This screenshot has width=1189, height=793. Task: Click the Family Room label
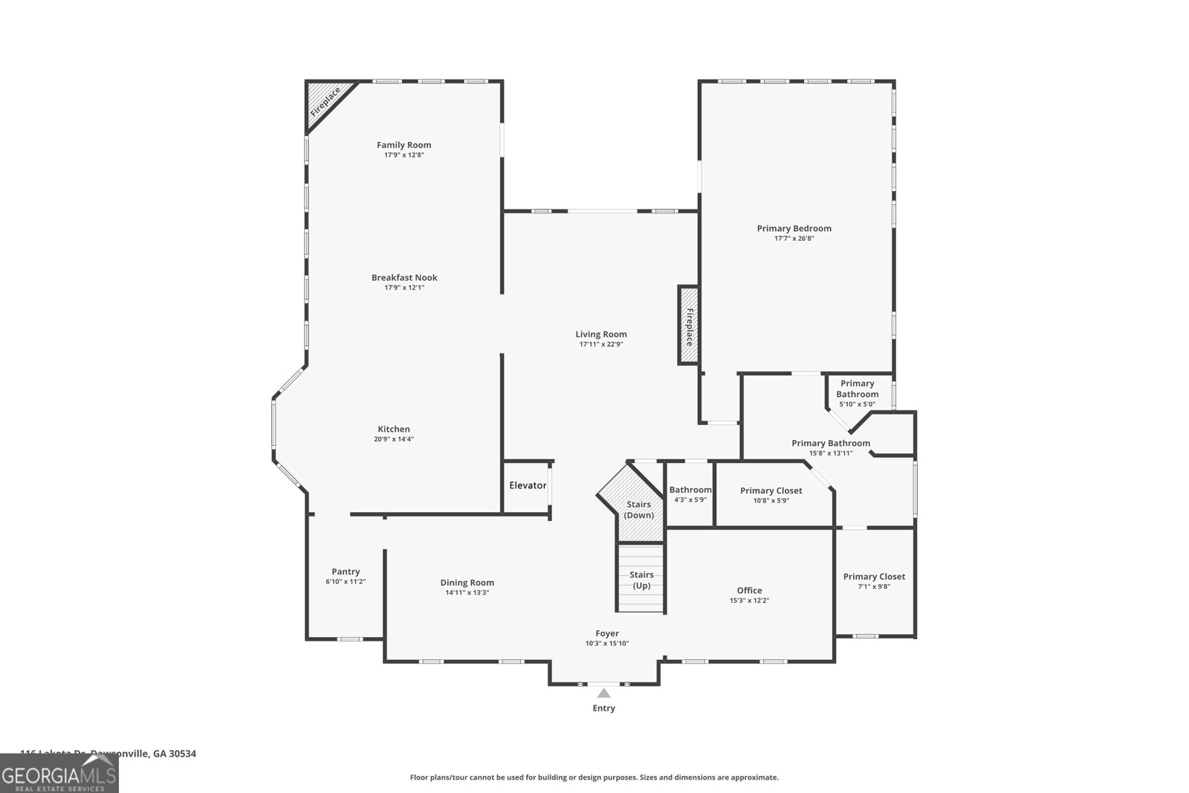tap(404, 145)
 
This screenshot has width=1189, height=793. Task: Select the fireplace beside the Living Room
tap(688, 326)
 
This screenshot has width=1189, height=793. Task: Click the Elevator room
tap(528, 485)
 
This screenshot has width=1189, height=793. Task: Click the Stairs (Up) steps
tap(641, 580)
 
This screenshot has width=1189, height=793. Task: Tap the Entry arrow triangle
tap(604, 693)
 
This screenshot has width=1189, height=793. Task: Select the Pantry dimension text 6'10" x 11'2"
tap(346, 582)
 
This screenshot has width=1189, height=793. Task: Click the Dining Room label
tap(467, 583)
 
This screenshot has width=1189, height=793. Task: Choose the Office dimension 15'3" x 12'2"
tap(749, 601)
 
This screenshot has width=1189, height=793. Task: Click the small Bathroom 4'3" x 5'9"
tap(690, 494)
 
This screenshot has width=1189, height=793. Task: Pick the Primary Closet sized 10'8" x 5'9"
tap(771, 495)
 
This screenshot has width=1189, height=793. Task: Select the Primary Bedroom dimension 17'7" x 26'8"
tap(794, 239)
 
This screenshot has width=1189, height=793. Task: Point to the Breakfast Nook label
tap(404, 277)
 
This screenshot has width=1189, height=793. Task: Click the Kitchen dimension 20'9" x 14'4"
tap(394, 439)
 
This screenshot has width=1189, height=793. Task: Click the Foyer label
tap(607, 633)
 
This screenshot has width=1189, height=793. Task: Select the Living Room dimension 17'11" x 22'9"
tap(600, 345)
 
